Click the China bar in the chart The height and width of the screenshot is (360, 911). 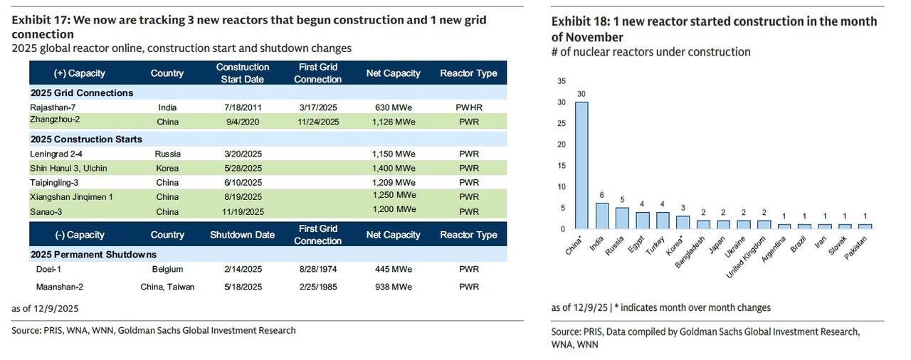(581, 165)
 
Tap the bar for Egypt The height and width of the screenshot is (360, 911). (643, 220)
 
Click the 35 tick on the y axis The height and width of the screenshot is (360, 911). (562, 81)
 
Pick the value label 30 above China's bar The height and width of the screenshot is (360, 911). (581, 94)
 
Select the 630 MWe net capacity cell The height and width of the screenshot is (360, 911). (394, 107)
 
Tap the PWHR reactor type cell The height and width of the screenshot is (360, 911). (469, 107)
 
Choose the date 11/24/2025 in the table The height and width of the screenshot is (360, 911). (317, 122)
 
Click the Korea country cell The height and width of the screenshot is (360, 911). (167, 169)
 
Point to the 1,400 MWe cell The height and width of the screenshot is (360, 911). (394, 169)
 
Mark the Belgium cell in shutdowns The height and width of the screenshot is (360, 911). (167, 269)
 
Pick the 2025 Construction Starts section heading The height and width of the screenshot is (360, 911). (86, 139)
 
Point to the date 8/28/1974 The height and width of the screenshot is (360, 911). (317, 269)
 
